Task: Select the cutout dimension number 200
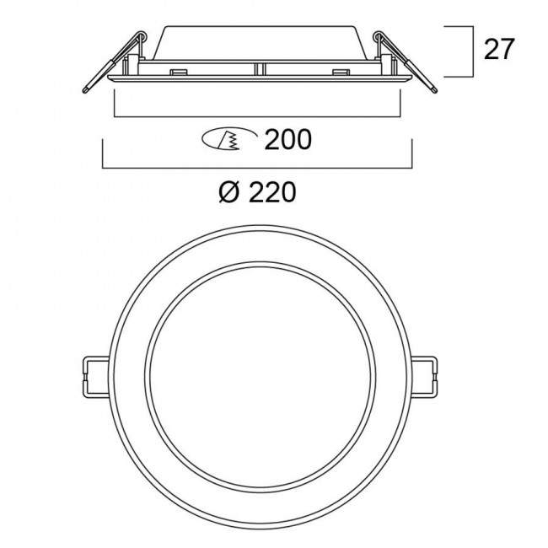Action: click(288, 140)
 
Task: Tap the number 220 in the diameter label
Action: click(271, 193)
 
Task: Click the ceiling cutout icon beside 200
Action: click(223, 140)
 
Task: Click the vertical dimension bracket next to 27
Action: click(465, 51)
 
